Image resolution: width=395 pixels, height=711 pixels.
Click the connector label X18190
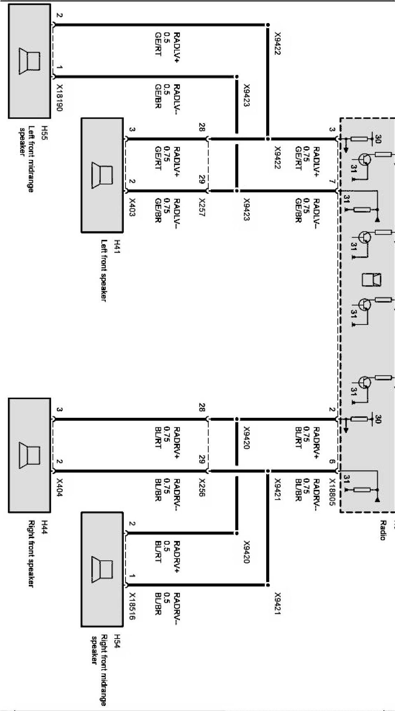60,99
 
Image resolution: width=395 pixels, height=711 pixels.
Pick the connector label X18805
332,492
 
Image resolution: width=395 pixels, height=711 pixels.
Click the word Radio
383,530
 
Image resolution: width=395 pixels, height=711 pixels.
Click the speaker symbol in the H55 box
29,61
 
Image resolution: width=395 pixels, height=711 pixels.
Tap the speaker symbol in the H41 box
102,176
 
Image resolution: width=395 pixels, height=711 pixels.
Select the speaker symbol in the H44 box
29,456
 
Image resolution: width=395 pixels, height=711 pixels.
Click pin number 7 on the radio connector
332,182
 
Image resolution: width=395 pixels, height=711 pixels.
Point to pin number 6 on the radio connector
332,462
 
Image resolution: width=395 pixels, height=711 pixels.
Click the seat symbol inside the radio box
371,280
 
